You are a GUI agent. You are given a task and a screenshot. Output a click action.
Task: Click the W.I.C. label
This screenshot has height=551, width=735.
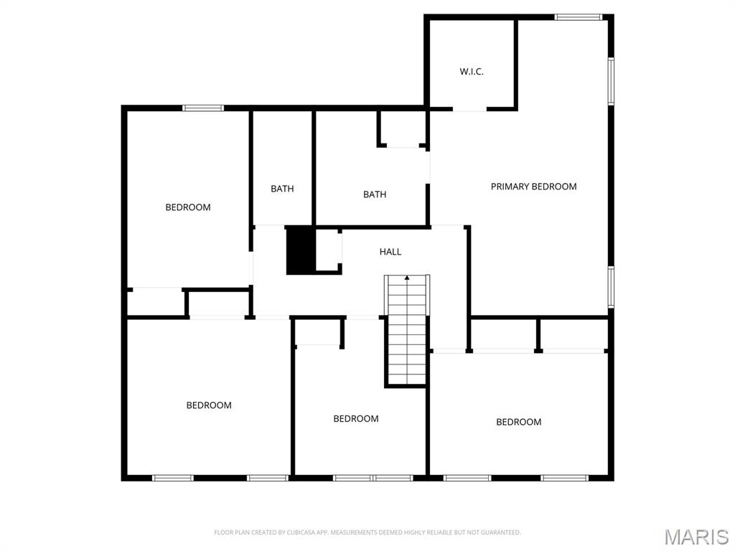coord(472,72)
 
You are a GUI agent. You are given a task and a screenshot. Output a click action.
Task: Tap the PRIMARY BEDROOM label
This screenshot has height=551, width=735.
coord(533,187)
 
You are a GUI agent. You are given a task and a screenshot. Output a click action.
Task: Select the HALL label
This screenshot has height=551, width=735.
coord(390,252)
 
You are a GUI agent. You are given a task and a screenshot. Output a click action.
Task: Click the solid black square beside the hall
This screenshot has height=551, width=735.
coord(301,250)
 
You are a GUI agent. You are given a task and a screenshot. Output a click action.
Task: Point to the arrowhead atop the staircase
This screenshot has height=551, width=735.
coord(407,277)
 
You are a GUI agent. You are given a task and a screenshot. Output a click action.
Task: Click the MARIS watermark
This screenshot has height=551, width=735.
coord(696,537)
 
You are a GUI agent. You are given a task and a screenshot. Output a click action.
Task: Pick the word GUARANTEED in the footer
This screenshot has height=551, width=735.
coord(500,532)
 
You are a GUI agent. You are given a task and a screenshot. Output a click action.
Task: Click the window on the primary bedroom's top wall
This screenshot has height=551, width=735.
coord(579,17)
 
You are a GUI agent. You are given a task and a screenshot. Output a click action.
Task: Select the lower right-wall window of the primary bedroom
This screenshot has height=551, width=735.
coord(611,287)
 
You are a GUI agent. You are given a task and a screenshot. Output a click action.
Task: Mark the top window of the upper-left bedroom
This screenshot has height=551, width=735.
coord(203,108)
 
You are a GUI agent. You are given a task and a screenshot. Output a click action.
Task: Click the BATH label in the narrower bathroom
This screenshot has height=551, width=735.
coord(282,189)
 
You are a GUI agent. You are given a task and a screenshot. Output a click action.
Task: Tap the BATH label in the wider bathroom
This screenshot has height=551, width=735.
coord(375,194)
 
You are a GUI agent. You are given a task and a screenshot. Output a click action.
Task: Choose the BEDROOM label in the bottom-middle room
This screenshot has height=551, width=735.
coord(356,419)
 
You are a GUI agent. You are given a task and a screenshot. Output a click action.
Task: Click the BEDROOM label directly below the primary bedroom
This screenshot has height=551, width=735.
coord(519,422)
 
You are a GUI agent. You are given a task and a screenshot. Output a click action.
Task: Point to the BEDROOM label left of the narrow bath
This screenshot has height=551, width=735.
coord(188,207)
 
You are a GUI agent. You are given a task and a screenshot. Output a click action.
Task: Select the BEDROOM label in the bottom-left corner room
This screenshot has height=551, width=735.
coord(209,405)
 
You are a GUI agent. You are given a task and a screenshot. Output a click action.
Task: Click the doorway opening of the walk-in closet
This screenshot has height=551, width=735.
coord(469,110)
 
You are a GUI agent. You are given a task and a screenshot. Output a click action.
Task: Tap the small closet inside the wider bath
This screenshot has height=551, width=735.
coord(402,129)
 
